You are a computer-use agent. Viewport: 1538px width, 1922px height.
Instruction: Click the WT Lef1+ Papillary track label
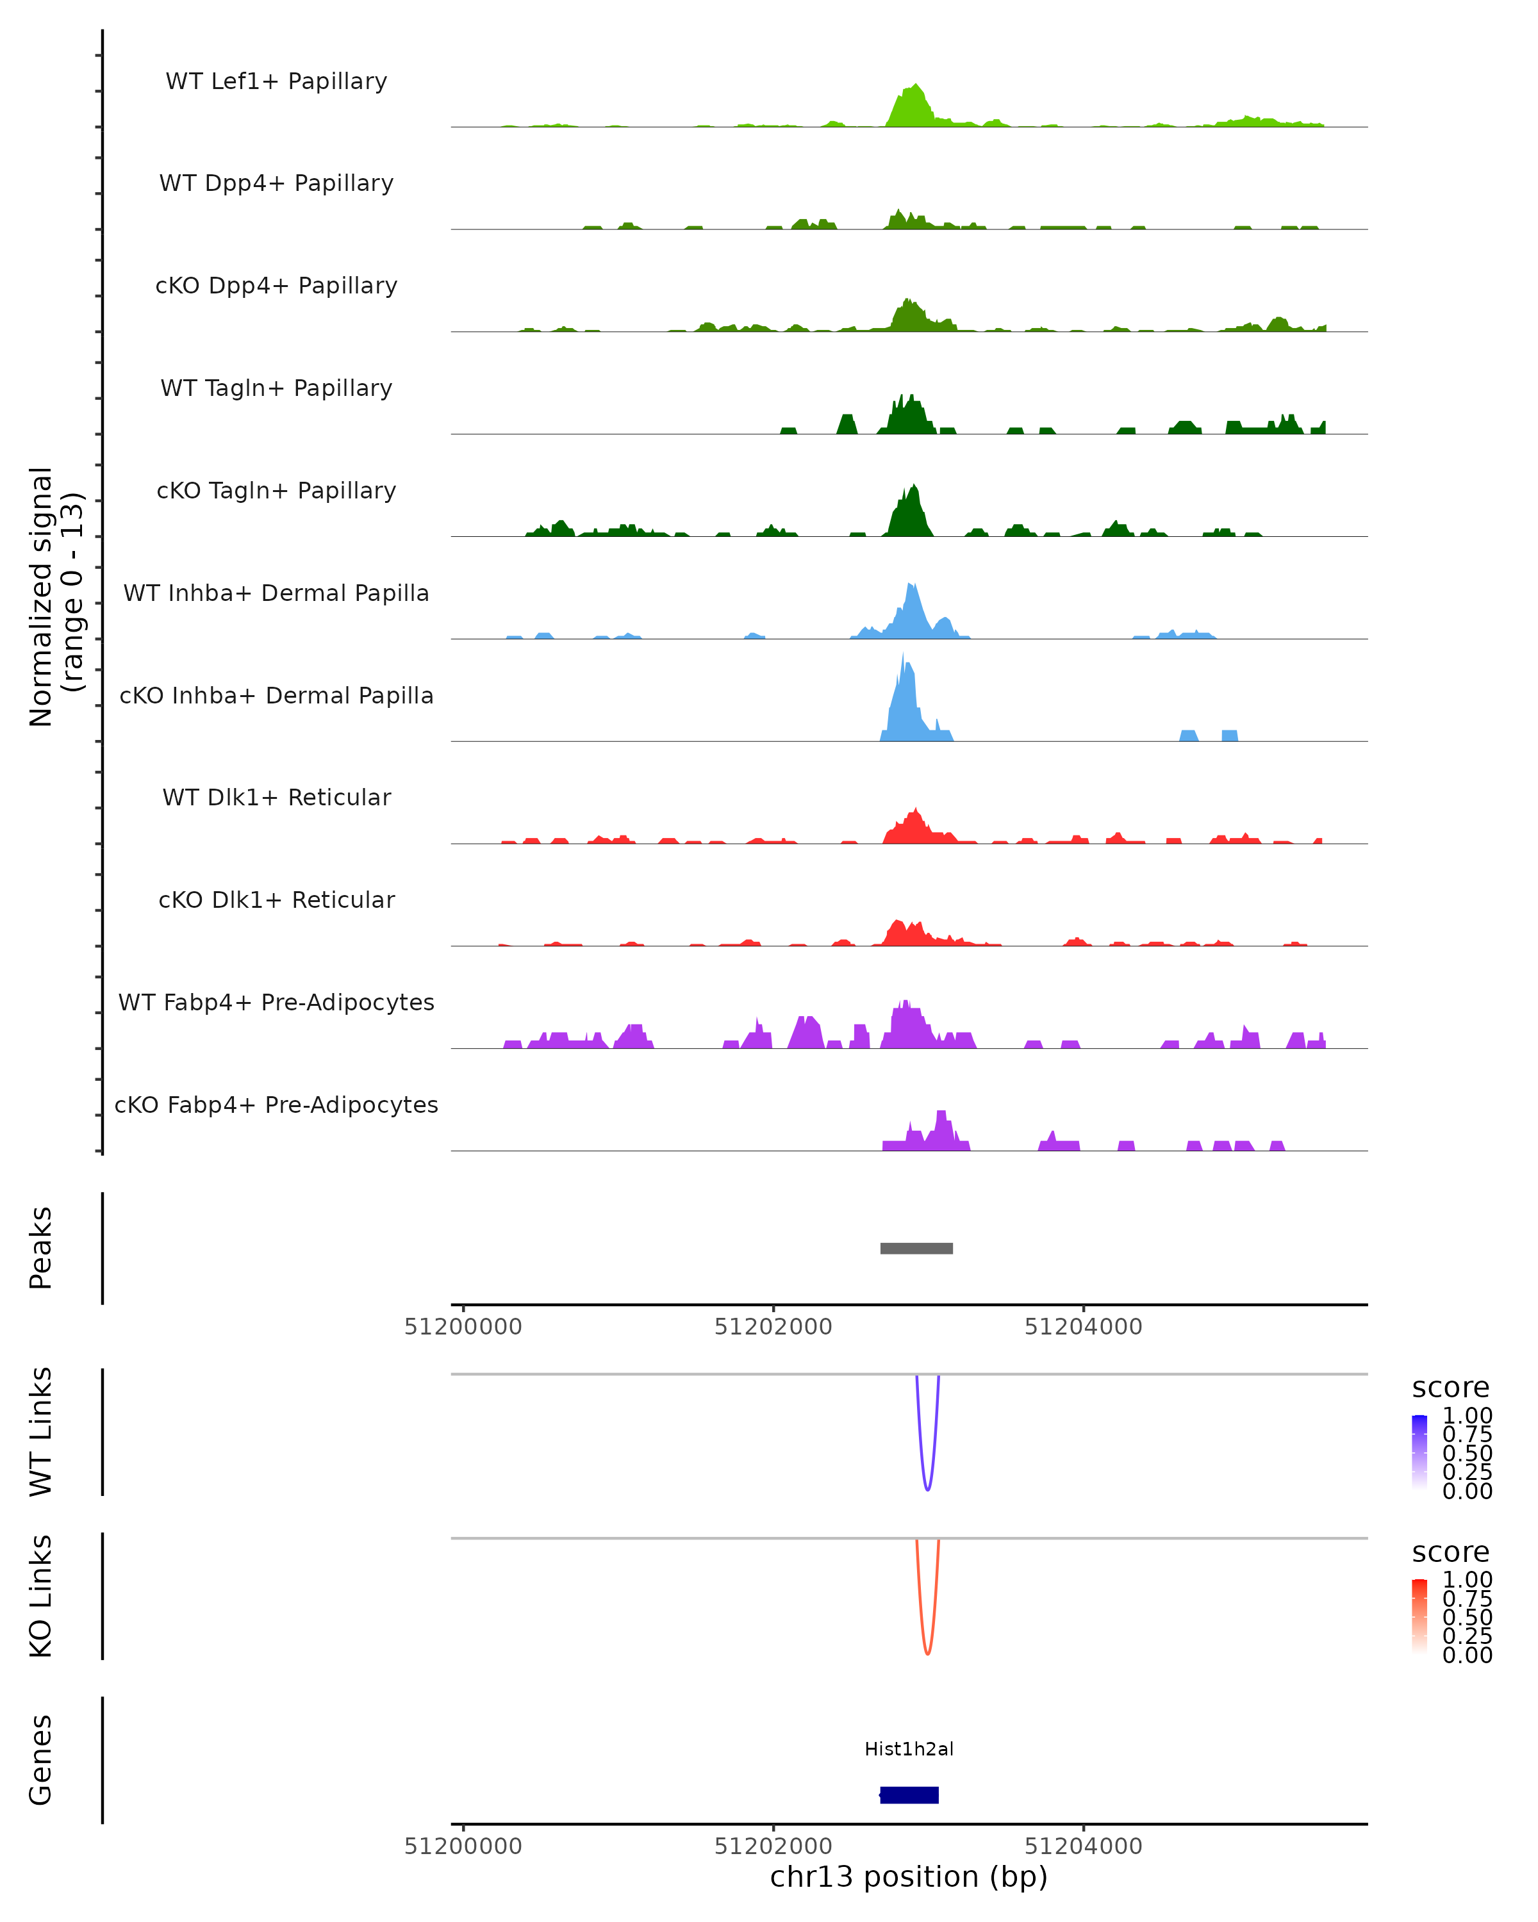[276, 81]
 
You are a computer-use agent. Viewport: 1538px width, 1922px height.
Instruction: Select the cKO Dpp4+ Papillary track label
[276, 285]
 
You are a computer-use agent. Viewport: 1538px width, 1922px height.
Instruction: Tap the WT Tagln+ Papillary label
[276, 388]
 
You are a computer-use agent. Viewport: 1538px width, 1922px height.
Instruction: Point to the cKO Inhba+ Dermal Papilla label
[276, 695]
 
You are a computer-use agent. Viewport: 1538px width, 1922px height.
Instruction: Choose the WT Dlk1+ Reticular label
[276, 797]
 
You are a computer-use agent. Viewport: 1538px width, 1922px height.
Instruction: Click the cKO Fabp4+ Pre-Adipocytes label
[276, 1105]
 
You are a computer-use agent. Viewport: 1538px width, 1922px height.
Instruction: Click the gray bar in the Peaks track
[916, 1248]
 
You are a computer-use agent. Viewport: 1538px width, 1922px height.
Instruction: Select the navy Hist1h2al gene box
[909, 1795]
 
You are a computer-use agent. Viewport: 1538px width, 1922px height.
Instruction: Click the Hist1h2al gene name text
[909, 1749]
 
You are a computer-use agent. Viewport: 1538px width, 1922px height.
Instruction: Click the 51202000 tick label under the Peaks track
[773, 1327]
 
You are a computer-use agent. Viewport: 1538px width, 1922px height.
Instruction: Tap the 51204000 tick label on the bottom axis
[1083, 1846]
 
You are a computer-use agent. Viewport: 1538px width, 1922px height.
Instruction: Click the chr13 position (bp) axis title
[909, 1877]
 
